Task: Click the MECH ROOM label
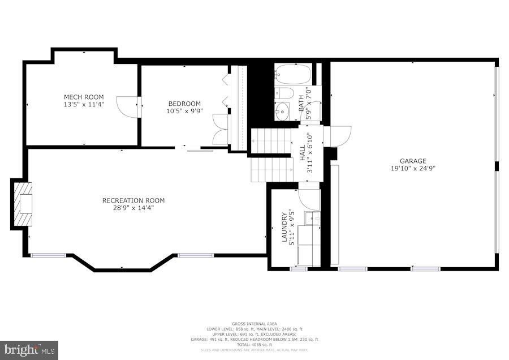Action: pos(84,97)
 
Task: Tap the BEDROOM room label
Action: pos(184,103)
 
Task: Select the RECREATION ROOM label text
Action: pos(133,200)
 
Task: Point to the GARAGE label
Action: pos(413,161)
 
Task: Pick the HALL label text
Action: pos(303,153)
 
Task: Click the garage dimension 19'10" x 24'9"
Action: pos(413,168)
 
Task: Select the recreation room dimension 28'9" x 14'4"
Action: pos(133,208)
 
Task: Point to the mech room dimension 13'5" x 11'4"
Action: pos(84,105)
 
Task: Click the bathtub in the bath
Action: pos(293,74)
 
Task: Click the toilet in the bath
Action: pos(284,94)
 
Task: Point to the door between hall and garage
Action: pos(339,136)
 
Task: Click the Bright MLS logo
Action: pos(29,350)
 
